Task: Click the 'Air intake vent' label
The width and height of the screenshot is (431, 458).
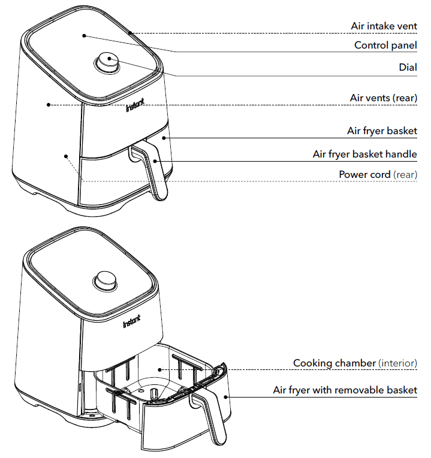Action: tap(384, 26)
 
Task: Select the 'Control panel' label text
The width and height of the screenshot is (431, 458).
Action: tap(385, 46)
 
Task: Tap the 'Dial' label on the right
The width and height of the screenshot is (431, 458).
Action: tap(408, 67)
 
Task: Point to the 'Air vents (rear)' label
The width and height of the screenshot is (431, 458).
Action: tap(384, 98)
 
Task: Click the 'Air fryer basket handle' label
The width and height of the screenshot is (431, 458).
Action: tap(364, 154)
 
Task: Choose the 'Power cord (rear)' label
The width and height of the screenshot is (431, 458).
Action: tap(378, 174)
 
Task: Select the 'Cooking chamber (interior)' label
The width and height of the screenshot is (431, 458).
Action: tap(355, 363)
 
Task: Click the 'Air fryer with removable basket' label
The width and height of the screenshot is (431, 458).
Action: tap(345, 390)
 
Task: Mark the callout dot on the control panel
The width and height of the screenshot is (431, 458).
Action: tap(85, 35)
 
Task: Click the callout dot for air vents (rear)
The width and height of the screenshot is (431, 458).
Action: tap(47, 104)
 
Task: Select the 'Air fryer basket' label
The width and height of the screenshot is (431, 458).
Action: tap(382, 131)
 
